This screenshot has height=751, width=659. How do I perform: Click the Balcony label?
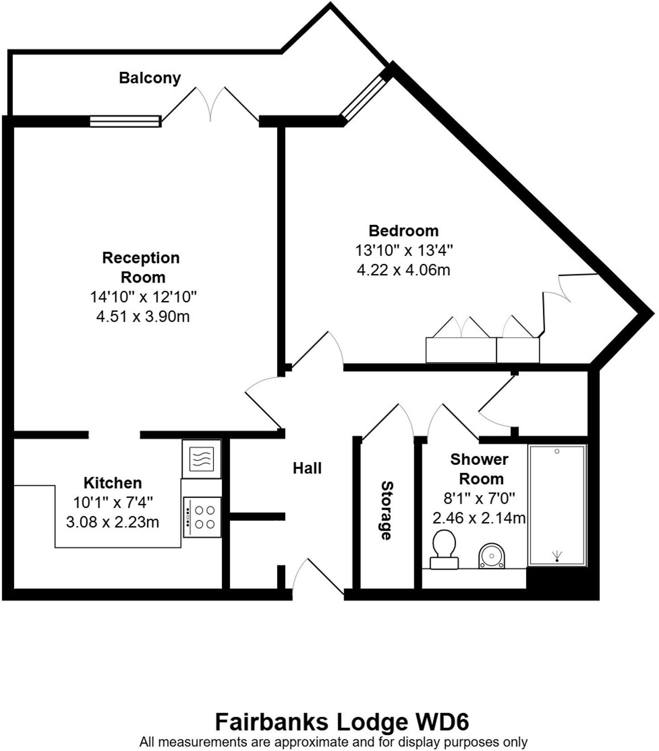coord(150,78)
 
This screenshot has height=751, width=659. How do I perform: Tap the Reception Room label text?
coord(141,267)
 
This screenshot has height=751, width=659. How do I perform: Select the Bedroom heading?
coord(403,231)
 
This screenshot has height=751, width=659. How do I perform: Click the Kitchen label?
coord(112,482)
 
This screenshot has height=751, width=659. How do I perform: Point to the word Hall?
coord(307,468)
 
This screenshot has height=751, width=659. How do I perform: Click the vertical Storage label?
coord(387,510)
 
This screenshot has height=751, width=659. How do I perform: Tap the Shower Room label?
coord(479,469)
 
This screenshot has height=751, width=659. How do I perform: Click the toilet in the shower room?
coord(444,548)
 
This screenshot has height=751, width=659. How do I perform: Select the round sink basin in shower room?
coord(491,556)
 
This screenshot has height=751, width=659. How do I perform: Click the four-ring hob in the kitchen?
coord(202,517)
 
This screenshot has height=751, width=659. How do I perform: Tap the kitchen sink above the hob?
coord(201,459)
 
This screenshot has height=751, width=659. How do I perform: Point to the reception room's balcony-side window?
coord(125,121)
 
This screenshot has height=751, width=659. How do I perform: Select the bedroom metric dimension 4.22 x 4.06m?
coord(403,270)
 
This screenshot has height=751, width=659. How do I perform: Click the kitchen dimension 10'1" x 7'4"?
coord(113,502)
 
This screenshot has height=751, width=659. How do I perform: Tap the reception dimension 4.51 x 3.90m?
coord(143,316)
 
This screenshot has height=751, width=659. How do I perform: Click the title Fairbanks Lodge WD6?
coord(341,722)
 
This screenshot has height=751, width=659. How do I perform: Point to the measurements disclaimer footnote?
coord(333,742)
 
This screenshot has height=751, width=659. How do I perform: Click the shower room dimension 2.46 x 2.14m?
coord(479,518)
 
